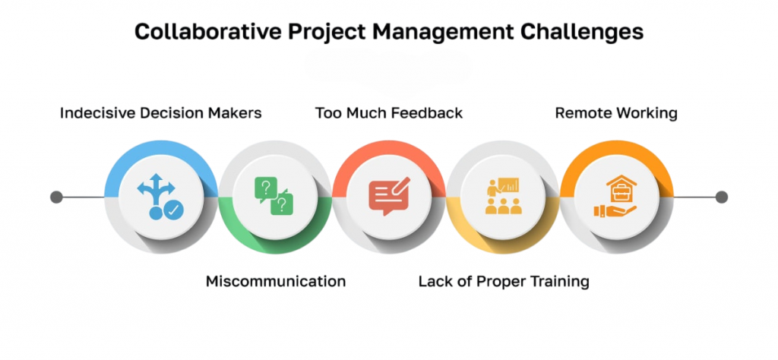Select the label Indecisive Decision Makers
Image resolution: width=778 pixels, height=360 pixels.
point(161,113)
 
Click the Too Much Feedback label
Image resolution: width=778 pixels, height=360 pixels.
point(389,113)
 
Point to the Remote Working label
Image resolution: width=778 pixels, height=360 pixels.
point(615,114)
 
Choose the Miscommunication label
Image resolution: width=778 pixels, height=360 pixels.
point(275,282)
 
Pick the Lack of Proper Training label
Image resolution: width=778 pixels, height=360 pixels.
point(504,282)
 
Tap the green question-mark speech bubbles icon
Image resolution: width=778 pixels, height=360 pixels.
point(274,197)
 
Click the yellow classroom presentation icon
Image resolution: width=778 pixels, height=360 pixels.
point(503,195)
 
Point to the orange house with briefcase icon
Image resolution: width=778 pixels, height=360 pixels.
point(615,196)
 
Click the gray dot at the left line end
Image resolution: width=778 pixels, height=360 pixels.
point(56,197)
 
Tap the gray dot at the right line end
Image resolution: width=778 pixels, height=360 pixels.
point(722,197)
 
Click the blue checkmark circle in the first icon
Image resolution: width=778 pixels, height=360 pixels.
point(174,211)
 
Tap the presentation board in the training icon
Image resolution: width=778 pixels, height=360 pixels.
point(510,185)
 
